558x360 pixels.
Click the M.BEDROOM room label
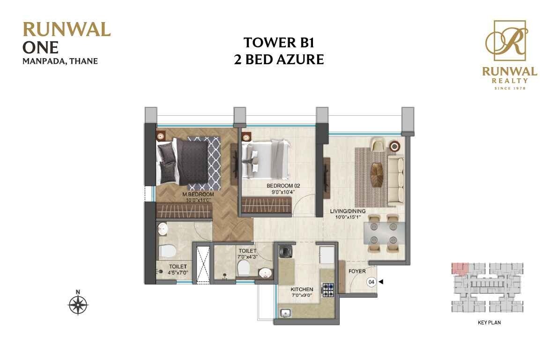coord(198,194)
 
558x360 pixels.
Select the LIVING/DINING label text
coord(347,211)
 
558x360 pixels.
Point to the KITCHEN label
coord(302,289)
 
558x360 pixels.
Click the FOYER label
coord(357,271)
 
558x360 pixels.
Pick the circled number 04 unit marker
coord(372,282)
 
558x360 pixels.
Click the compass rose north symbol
coord(78,305)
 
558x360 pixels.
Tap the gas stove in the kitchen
coord(327,290)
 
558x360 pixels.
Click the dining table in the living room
coord(384,232)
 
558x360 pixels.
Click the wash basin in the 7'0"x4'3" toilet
coord(265,272)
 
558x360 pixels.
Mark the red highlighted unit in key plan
coord(460,268)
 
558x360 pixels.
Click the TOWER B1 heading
coord(278,43)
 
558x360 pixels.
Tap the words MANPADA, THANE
coord(60,60)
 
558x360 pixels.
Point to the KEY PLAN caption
coord(490,322)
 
